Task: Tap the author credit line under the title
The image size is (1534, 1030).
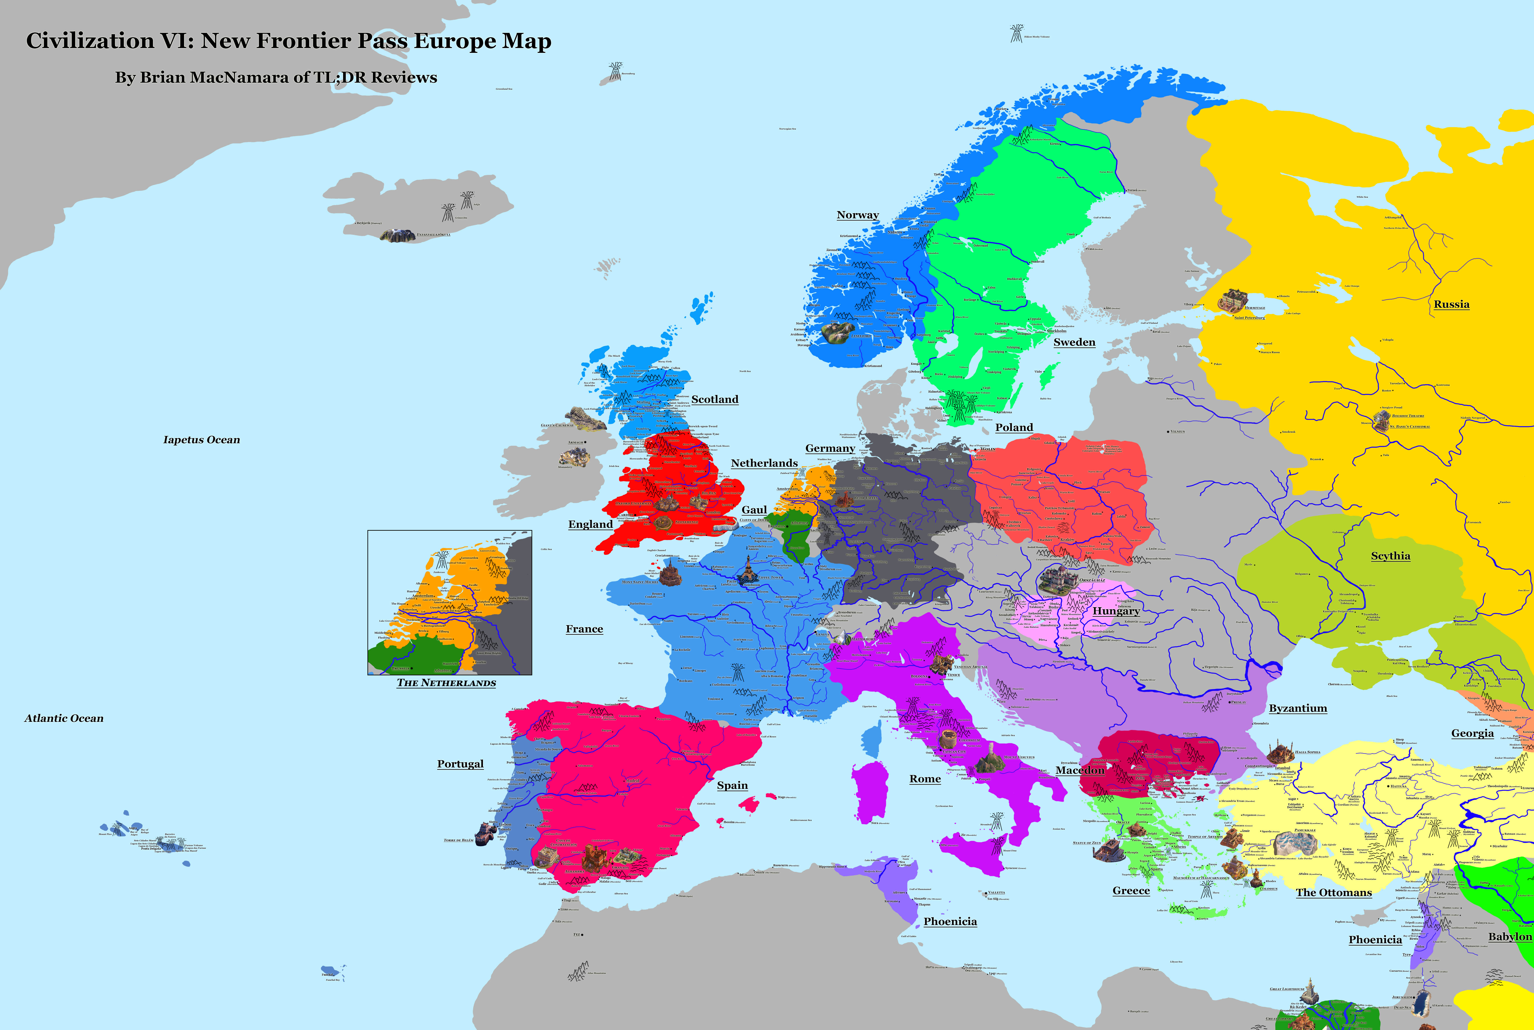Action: pyautogui.click(x=276, y=78)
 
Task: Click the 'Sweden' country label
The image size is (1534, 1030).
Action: pyautogui.click(x=1074, y=342)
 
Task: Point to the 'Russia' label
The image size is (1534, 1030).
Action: pyautogui.click(x=1451, y=304)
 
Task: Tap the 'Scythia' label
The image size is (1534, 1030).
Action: pyautogui.click(x=1390, y=556)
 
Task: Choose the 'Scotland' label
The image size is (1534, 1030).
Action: pyautogui.click(x=715, y=399)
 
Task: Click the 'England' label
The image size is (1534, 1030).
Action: pyautogui.click(x=590, y=524)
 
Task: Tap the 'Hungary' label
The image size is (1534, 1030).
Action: pyautogui.click(x=1116, y=611)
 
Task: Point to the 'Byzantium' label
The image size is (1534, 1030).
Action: pyautogui.click(x=1298, y=708)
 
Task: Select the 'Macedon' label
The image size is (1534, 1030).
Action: pyautogui.click(x=1080, y=770)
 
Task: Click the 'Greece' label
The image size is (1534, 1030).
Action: pyautogui.click(x=1131, y=891)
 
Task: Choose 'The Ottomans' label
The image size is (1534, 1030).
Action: pyautogui.click(x=1334, y=893)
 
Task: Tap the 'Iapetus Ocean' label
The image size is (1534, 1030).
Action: pyautogui.click(x=202, y=440)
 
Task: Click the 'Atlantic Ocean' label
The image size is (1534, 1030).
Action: pyautogui.click(x=64, y=719)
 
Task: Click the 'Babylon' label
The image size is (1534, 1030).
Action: pyautogui.click(x=1510, y=937)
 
